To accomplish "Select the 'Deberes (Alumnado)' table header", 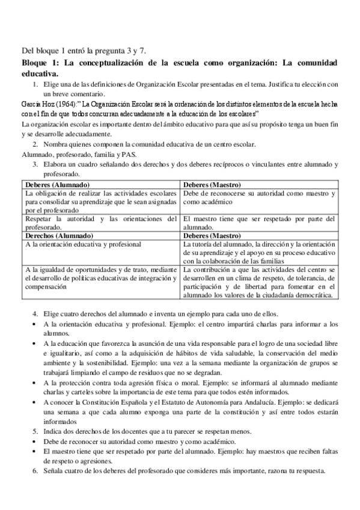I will (x=58, y=183).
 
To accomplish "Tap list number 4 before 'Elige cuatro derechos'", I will (x=35, y=313).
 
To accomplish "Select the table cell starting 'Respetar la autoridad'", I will (x=100, y=223).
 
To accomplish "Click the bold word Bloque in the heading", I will (x=35, y=63).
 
